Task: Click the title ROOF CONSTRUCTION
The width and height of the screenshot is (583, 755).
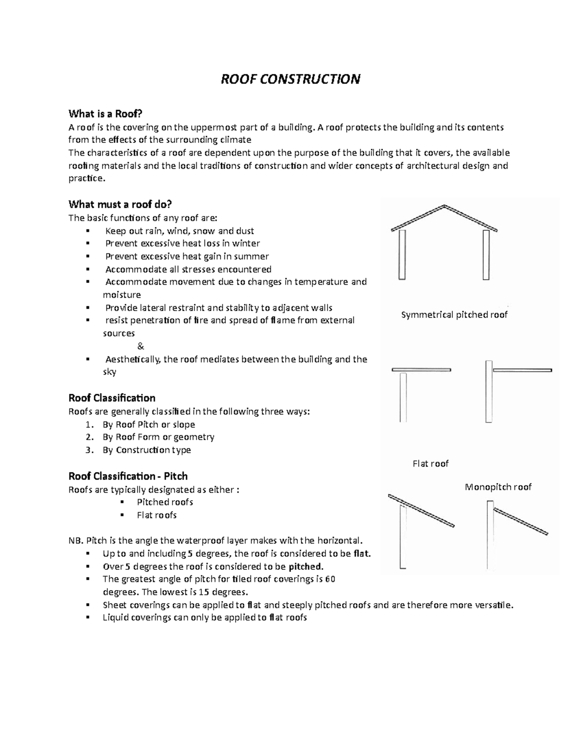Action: pyautogui.click(x=291, y=79)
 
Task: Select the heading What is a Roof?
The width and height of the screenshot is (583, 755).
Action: pyautogui.click(x=105, y=114)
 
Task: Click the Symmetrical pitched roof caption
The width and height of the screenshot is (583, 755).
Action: pyautogui.click(x=454, y=315)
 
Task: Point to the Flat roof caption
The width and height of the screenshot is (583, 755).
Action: pyautogui.click(x=430, y=463)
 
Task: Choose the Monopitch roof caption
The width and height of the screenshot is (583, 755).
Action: pyautogui.click(x=498, y=487)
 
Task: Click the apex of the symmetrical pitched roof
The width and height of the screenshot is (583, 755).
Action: pyautogui.click(x=444, y=206)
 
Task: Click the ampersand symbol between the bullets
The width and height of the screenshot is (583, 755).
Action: pyautogui.click(x=141, y=346)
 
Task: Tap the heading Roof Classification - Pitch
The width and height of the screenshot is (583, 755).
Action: pyautogui.click(x=128, y=476)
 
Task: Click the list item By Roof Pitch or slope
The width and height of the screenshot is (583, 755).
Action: pyautogui.click(x=149, y=424)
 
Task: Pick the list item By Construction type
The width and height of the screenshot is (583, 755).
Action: pyautogui.click(x=147, y=450)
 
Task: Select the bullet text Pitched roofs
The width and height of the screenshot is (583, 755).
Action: pyautogui.click(x=165, y=502)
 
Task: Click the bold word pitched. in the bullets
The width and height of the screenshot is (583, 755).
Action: pyautogui.click(x=306, y=566)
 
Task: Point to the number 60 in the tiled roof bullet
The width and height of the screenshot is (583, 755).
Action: pyautogui.click(x=330, y=579)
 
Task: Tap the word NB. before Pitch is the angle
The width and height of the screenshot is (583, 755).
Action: pyautogui.click(x=76, y=541)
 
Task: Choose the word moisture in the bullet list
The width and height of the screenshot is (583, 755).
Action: pyautogui.click(x=122, y=295)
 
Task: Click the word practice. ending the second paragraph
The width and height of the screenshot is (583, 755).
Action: pyautogui.click(x=86, y=178)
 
